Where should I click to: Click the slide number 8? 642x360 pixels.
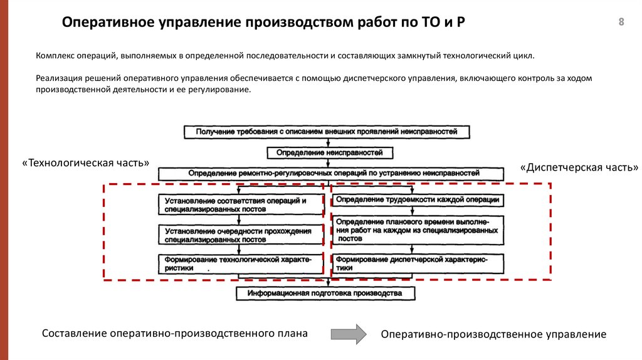click(621, 23)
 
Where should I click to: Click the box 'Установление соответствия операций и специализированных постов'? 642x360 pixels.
click(241, 204)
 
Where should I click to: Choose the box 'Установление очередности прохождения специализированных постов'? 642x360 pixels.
click(241, 235)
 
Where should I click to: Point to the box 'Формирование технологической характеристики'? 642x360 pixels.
click(241, 263)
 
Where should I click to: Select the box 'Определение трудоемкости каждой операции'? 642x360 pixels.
click(417, 200)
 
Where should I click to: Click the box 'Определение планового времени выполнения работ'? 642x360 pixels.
click(417, 230)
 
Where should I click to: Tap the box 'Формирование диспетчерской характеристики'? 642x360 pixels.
click(417, 263)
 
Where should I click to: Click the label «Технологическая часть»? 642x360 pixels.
click(85, 162)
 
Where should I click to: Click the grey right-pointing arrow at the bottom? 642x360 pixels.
click(348, 334)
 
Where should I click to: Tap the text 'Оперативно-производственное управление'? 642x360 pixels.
click(493, 335)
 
